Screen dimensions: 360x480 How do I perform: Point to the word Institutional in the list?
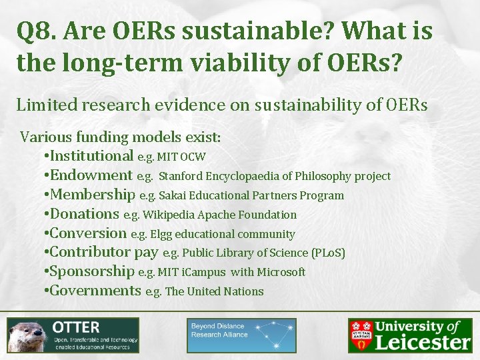[92, 156]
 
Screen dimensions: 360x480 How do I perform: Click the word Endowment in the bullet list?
[91, 175]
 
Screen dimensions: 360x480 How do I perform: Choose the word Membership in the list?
[93, 195]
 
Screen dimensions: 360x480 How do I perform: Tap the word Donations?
[85, 214]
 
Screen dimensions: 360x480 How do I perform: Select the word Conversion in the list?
[88, 233]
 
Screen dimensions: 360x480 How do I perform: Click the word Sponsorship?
[92, 271]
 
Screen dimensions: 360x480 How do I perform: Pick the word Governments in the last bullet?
[95, 291]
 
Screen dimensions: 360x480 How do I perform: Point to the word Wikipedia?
[170, 215]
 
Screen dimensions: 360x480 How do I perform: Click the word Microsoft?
[279, 272]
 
